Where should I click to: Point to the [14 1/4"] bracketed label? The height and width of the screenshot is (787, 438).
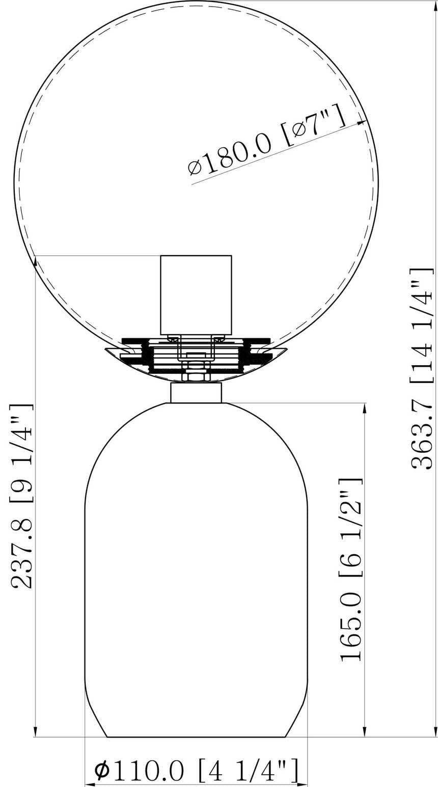422,325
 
